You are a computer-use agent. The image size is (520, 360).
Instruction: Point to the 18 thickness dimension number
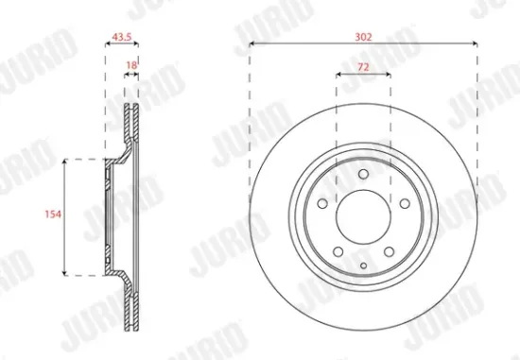tap(132, 64)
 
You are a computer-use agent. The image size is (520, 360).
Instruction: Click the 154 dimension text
tap(53, 216)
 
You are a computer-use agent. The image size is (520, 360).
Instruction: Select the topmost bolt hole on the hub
tap(364, 173)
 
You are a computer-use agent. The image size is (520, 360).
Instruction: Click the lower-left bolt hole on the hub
tap(338, 253)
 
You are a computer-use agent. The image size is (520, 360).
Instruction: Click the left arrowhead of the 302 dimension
tap(252, 43)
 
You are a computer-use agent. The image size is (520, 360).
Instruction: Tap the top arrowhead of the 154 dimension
tap(64, 163)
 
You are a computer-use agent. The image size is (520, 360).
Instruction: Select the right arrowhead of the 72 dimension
tap(390, 74)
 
